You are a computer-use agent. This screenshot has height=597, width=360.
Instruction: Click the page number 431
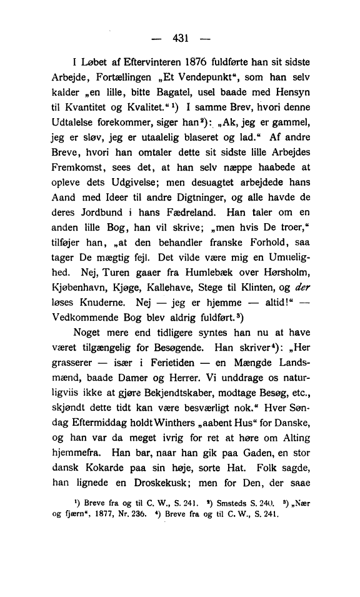pyautogui.click(x=180, y=39)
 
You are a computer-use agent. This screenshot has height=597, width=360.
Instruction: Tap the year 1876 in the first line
pyautogui.click(x=202, y=63)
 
